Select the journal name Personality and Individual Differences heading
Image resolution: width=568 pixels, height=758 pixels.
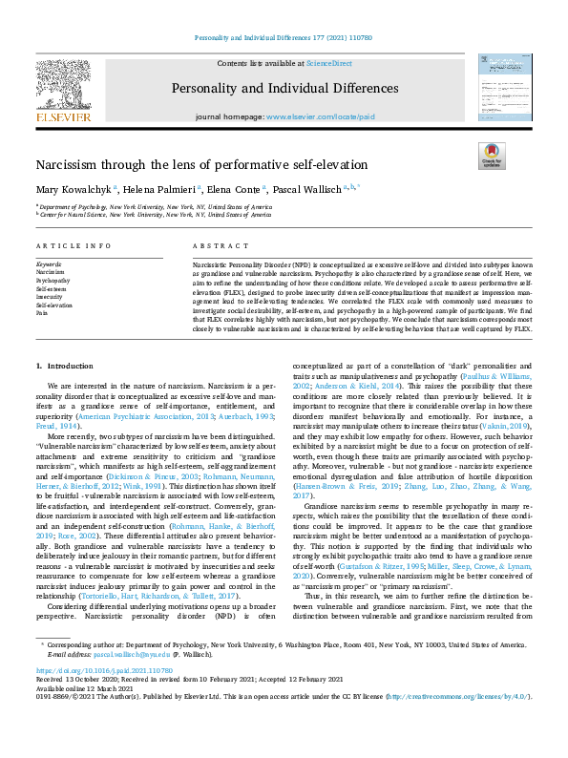[284, 89]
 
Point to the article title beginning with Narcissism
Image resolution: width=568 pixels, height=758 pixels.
[188, 164]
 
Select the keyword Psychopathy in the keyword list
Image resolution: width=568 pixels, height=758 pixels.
[53, 281]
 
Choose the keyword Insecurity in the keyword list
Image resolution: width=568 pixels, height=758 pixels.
[50, 296]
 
